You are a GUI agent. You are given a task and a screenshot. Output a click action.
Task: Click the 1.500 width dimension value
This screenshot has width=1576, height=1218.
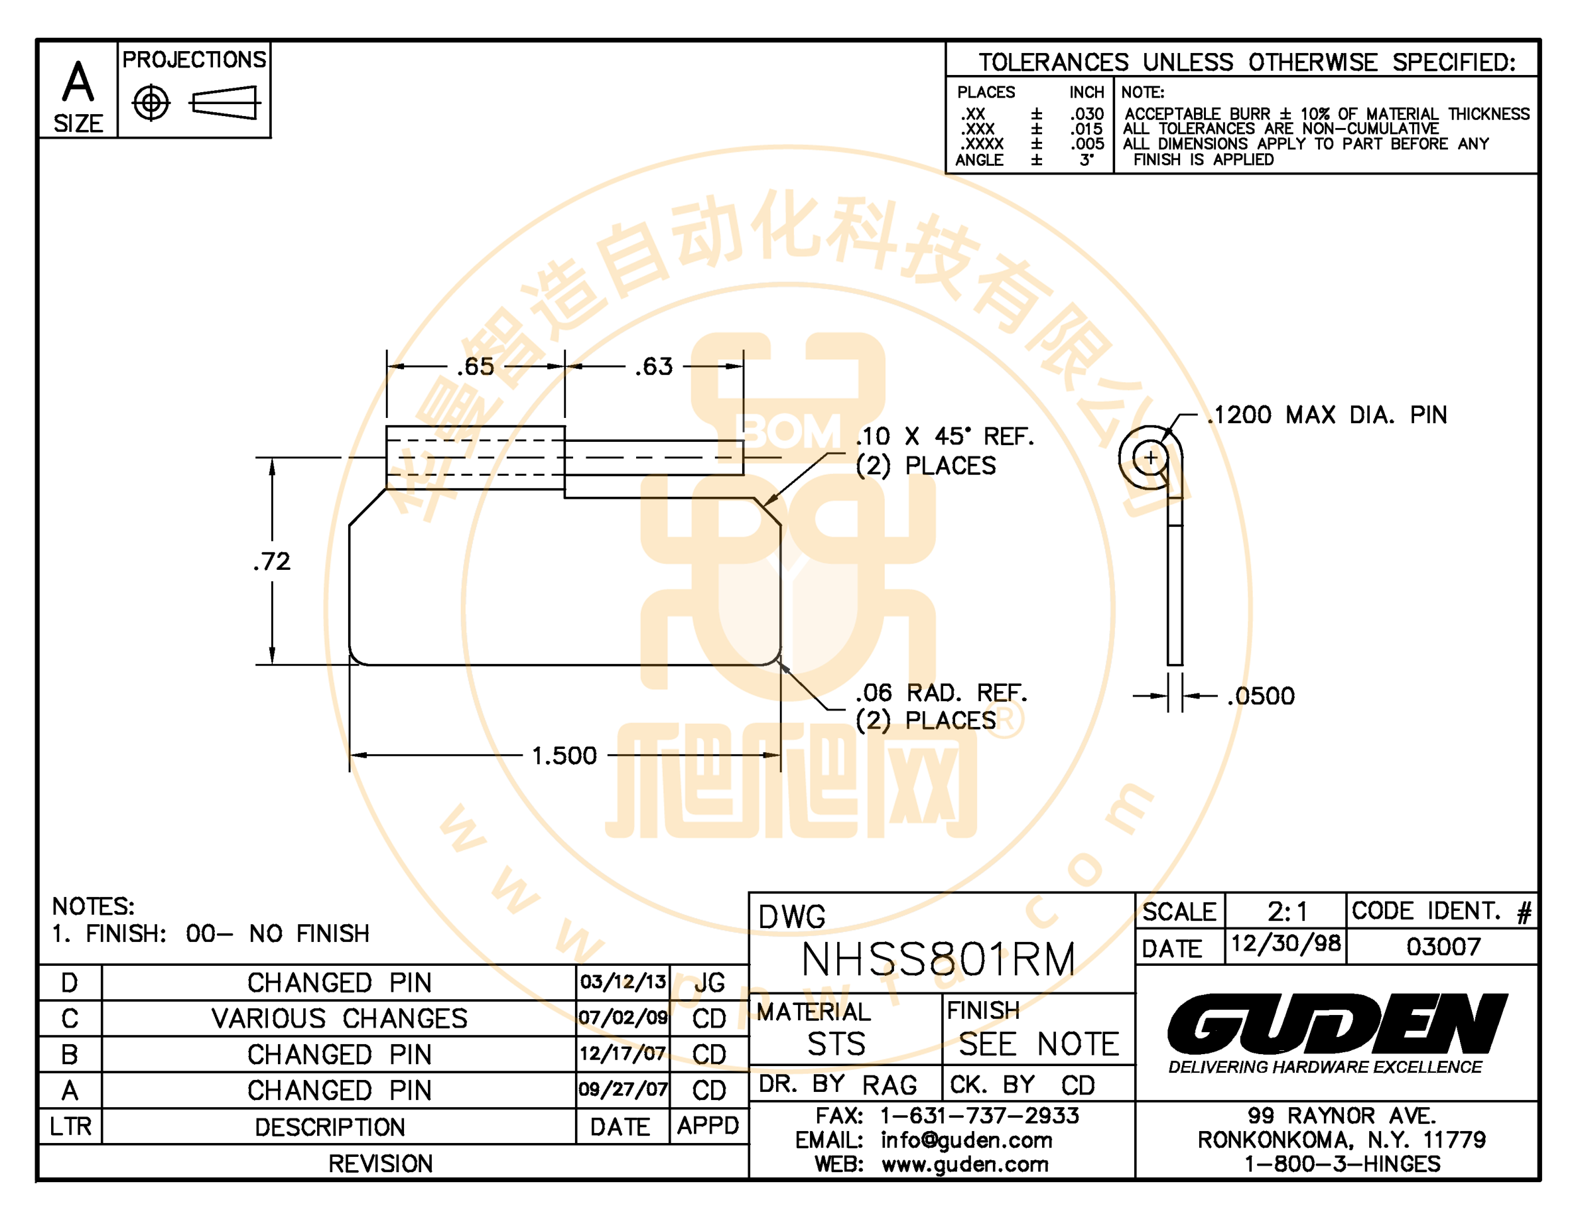pyautogui.click(x=564, y=756)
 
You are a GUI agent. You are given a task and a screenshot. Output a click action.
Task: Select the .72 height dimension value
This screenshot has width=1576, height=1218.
pyautogui.click(x=272, y=561)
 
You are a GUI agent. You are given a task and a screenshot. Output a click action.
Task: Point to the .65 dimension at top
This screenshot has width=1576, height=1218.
pyautogui.click(x=476, y=367)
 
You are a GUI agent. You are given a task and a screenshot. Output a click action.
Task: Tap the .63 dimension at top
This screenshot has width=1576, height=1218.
pyautogui.click(x=654, y=367)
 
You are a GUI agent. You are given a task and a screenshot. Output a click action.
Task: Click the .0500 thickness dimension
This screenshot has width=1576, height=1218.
pyautogui.click(x=1261, y=696)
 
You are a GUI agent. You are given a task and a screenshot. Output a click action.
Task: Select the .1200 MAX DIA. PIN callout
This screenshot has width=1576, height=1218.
pyautogui.click(x=1327, y=415)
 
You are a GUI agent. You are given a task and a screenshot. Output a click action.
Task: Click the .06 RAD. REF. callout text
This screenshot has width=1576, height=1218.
pyautogui.click(x=941, y=693)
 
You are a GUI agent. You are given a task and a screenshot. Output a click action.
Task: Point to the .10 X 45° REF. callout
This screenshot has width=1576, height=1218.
pyautogui.click(x=945, y=436)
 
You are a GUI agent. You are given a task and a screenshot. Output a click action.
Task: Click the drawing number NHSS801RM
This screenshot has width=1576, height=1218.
pyautogui.click(x=938, y=960)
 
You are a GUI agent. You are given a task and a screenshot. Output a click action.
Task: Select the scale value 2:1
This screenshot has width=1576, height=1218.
pyautogui.click(x=1287, y=912)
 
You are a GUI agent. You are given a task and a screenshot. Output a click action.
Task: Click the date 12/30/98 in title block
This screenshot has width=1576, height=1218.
pyautogui.click(x=1285, y=943)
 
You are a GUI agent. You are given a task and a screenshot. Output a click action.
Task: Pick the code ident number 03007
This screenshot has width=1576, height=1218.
pyautogui.click(x=1443, y=946)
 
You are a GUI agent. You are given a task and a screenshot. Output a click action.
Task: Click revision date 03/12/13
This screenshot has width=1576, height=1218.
pyautogui.click(x=623, y=981)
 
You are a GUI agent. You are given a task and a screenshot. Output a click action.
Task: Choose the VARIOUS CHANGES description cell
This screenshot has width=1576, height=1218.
pyautogui.click(x=339, y=1018)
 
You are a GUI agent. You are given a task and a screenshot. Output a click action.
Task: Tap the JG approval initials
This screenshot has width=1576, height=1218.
pyautogui.click(x=709, y=982)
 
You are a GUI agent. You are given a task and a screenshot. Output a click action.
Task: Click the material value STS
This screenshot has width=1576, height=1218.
pyautogui.click(x=836, y=1044)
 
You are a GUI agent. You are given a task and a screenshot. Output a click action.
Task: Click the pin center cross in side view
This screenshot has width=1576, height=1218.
pyautogui.click(x=1150, y=458)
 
